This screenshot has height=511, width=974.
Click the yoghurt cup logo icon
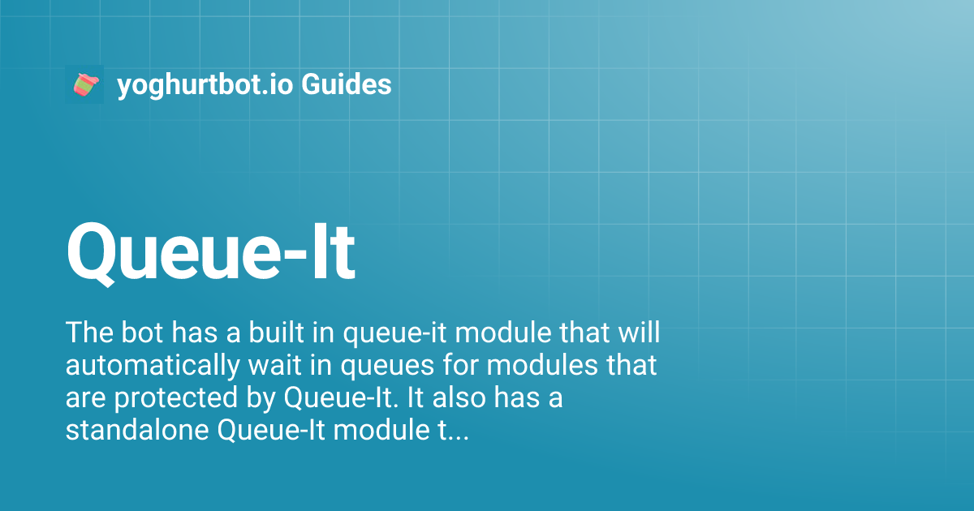coord(84,84)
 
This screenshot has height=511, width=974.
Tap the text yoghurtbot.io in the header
coord(205,84)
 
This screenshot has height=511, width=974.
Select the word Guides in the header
coord(347,84)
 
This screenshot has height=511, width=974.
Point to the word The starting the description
coord(87,333)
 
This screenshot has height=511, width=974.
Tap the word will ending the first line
coord(637,333)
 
